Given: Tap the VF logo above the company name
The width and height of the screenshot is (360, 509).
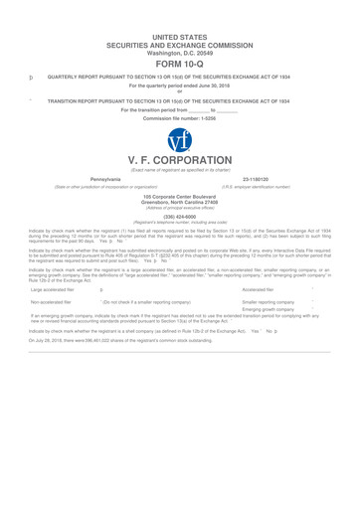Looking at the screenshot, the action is point(179,143).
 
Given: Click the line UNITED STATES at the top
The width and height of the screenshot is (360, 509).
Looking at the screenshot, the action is point(180,8).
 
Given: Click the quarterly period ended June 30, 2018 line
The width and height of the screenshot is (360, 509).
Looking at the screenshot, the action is point(180,87).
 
